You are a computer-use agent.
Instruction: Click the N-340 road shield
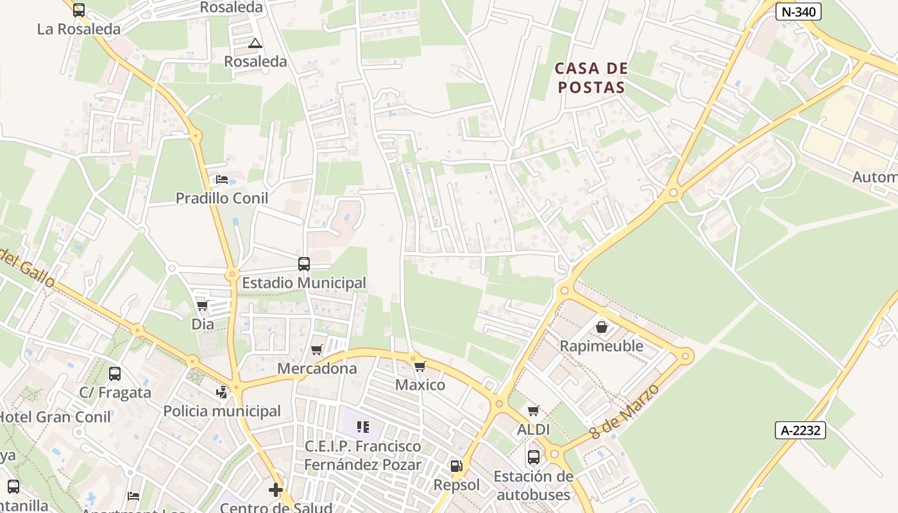798,11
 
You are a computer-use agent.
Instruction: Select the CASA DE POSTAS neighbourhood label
590,78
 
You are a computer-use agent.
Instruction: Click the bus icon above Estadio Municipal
304,264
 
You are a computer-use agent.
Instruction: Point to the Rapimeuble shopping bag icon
602,327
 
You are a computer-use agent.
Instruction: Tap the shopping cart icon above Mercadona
316,350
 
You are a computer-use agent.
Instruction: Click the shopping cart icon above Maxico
419,366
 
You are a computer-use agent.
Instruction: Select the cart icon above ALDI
533,410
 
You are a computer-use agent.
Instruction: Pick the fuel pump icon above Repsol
456,466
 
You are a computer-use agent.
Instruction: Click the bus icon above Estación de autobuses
533,457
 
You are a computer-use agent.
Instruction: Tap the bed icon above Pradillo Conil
222,180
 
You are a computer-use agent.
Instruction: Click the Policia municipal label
222,411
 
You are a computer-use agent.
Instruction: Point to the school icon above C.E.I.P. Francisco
363,426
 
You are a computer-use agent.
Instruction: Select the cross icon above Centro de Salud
276,491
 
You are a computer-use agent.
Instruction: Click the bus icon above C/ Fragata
115,373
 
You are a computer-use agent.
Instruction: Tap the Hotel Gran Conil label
55,416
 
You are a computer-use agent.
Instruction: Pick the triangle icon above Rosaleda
255,44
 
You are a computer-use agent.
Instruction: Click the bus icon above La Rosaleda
79,10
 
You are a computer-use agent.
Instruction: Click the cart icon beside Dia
203,305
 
